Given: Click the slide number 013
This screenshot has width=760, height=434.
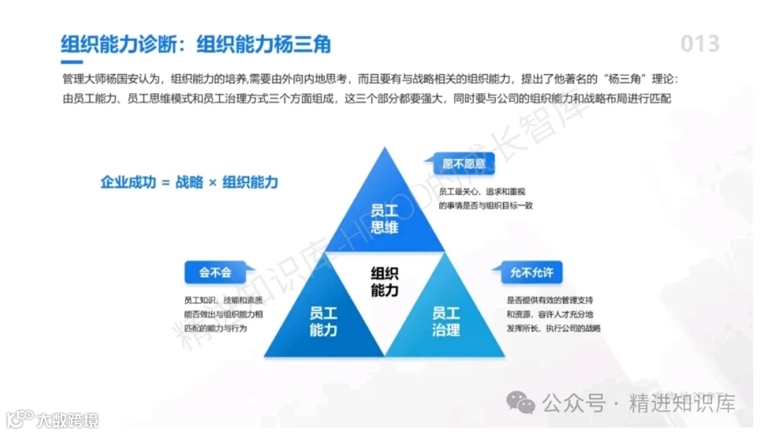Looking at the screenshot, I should point(699,44).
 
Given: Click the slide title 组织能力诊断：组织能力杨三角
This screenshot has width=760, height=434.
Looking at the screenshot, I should point(196,44).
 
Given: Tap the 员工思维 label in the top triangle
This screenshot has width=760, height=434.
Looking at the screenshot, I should point(385,218).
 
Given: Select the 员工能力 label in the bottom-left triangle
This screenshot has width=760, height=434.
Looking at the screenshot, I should point(324,321).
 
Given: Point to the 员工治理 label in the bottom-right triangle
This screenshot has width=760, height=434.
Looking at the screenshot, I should point(445,321).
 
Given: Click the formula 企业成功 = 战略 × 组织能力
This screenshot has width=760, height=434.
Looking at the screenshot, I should point(189,182).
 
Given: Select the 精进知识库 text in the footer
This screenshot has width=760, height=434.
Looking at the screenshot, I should point(683,404).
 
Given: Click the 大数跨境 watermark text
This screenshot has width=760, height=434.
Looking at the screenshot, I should point(68,420).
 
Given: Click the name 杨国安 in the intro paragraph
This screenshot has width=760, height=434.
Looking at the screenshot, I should point(133,80).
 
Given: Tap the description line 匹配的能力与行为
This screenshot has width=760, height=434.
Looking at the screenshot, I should point(215,328).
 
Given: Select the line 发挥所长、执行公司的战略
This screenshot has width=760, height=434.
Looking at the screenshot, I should point(553,328).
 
